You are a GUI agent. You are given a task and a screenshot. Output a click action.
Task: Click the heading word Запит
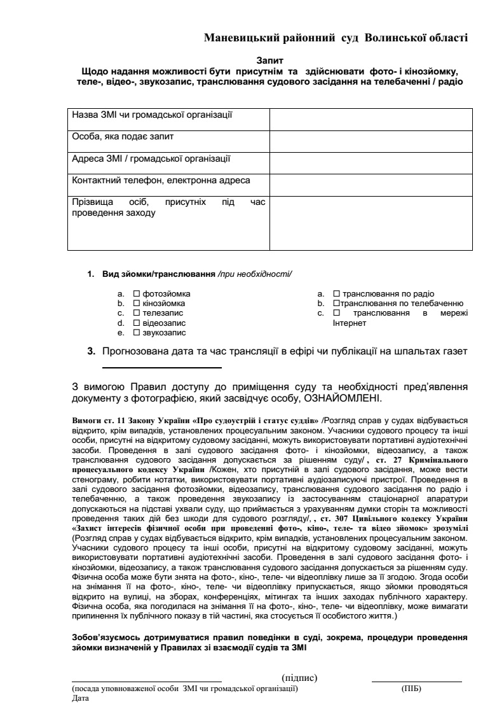[x=269, y=60]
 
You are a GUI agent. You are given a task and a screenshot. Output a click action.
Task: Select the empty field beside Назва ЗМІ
[x=371, y=118]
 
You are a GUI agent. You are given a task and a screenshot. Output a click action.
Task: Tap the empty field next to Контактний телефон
[x=371, y=183]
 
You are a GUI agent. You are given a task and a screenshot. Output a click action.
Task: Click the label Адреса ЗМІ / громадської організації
[x=151, y=158]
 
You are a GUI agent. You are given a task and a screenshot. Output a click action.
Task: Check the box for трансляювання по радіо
[x=337, y=294]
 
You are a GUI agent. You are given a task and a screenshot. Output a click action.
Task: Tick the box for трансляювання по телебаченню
[x=336, y=304]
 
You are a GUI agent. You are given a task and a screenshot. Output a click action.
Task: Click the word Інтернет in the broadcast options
[x=350, y=323]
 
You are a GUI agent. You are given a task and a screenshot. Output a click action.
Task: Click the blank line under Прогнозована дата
[x=162, y=367]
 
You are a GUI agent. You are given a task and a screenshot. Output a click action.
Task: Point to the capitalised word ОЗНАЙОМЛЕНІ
[x=343, y=399]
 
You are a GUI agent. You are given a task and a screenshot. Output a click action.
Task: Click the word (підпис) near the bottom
[x=299, y=678]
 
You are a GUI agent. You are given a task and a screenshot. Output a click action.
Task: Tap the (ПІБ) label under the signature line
[x=411, y=688]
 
